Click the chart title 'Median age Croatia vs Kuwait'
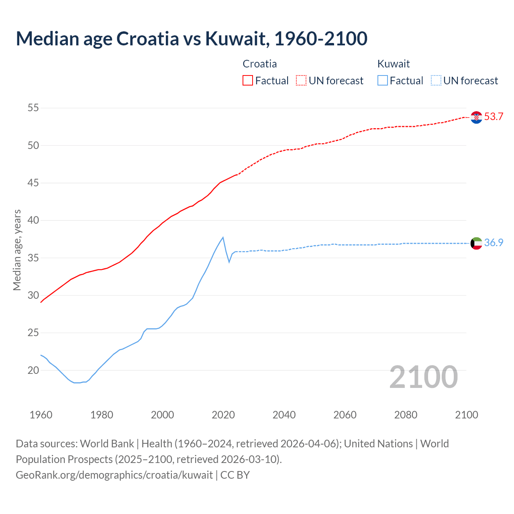pos(192,39)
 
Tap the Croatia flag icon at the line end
pos(476,117)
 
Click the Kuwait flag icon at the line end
pos(476,243)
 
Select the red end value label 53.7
pos(494,117)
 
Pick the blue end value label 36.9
pos(494,243)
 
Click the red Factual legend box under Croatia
pos(248,81)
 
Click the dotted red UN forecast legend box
pos(301,81)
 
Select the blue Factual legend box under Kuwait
pos(383,81)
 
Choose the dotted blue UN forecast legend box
pos(436,81)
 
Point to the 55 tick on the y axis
pos(33,108)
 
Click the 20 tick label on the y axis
pos(33,370)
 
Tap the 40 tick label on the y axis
pos(33,220)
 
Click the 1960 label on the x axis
pos(41,415)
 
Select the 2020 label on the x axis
pos(223,415)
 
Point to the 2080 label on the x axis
pos(406,415)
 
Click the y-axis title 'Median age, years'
pos(17,250)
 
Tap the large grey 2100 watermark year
pos(424,377)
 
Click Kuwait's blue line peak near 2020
pos(223,237)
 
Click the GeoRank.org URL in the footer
pos(114,475)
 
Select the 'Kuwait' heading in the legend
pos(394,64)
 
